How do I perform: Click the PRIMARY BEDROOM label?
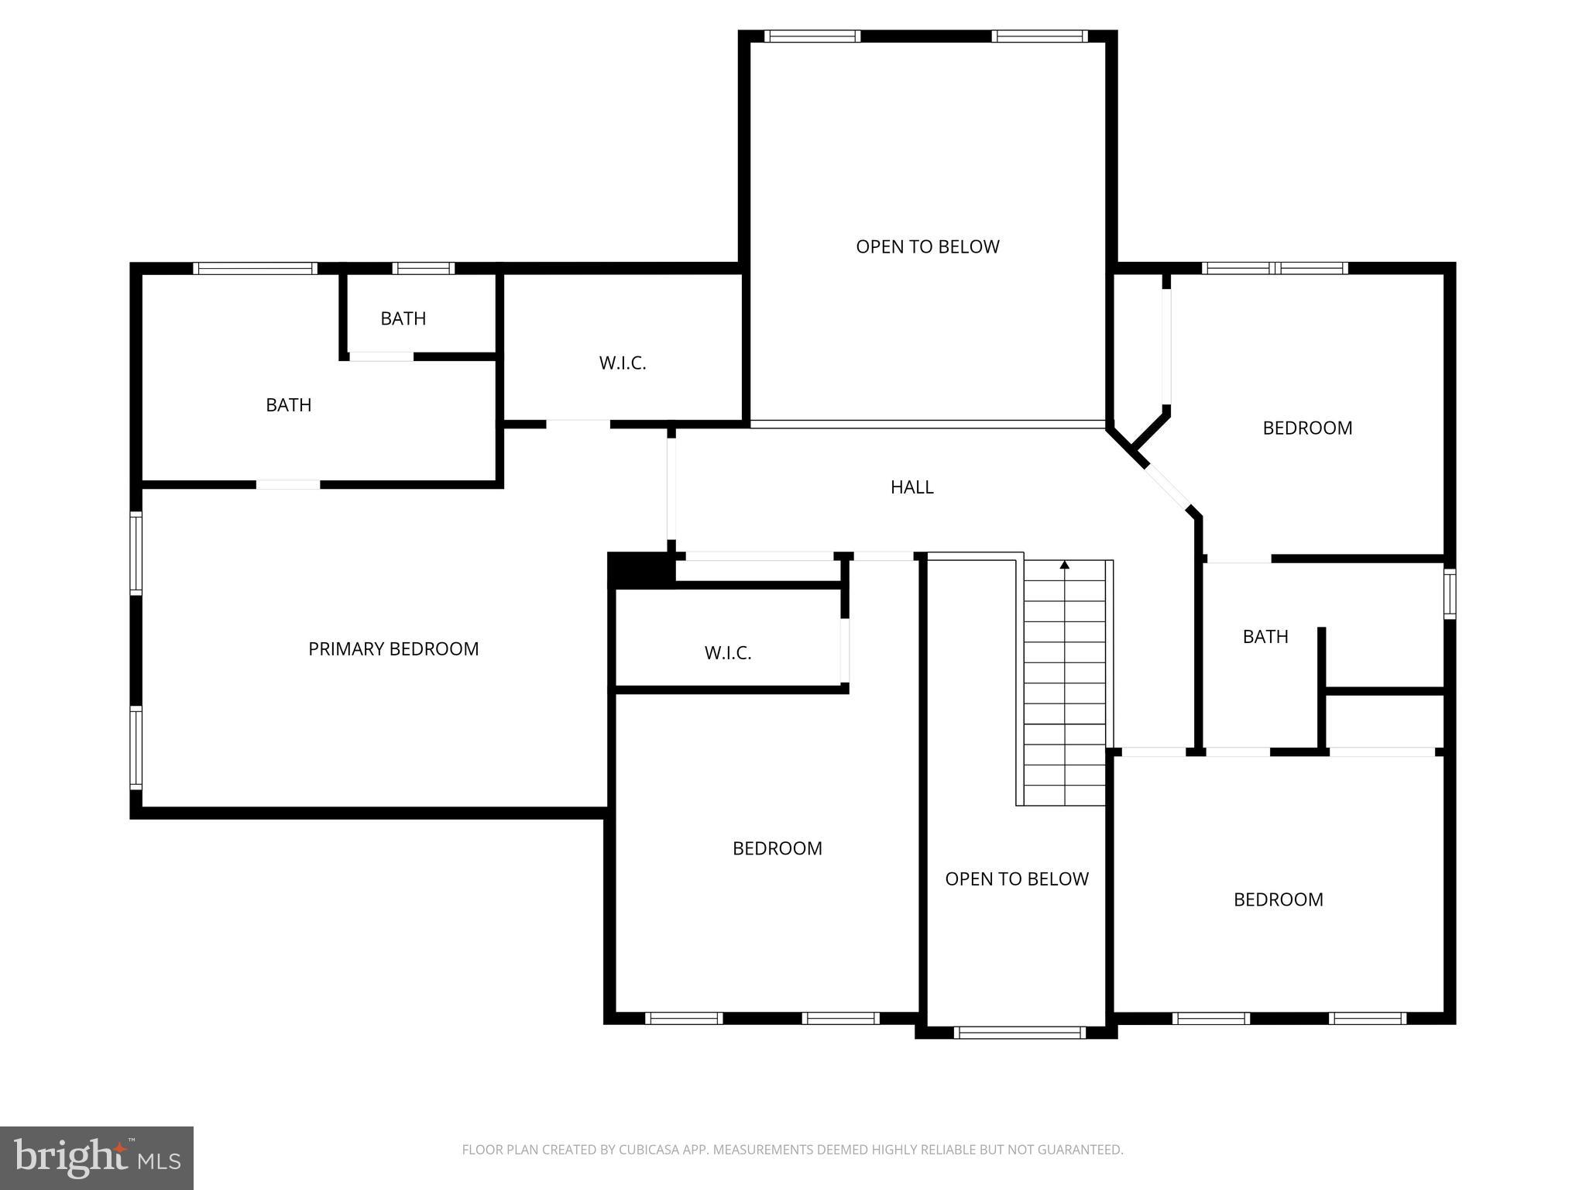point(393,649)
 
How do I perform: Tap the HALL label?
point(911,487)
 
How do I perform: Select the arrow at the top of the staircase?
point(1064,566)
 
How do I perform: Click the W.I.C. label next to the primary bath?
point(623,363)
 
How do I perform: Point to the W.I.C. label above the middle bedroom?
point(728,653)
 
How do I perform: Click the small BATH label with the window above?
point(403,318)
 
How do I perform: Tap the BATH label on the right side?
point(1265,637)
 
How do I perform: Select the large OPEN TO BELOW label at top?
point(927,247)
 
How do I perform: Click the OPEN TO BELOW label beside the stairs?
point(1016,879)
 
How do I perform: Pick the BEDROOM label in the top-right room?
point(1307,428)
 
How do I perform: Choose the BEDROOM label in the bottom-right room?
point(1278,900)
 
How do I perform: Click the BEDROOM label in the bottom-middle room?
point(777,848)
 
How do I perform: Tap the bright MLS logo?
point(97,1158)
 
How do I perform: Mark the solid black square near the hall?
point(639,569)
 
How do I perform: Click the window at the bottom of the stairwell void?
point(1020,1032)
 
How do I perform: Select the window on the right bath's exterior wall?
point(1450,594)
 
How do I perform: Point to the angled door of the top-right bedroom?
point(1168,486)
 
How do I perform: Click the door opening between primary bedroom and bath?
point(288,485)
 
